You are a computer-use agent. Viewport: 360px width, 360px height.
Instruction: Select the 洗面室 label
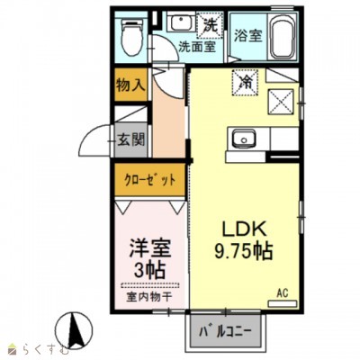tap(196, 47)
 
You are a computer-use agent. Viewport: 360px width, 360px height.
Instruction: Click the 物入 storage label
tap(130, 85)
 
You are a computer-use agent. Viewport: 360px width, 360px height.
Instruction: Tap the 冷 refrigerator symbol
tap(246, 81)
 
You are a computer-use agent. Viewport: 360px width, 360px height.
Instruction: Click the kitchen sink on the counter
tap(244, 139)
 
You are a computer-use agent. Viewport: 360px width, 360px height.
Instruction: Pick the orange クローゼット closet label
tap(149, 178)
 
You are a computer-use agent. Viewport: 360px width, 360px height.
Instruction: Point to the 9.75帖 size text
tap(238, 249)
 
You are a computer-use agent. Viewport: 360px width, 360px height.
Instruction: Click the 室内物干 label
tap(148, 293)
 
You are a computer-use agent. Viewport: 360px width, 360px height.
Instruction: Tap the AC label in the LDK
tap(281, 292)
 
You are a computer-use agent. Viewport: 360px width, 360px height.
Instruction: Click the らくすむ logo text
tap(33, 348)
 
